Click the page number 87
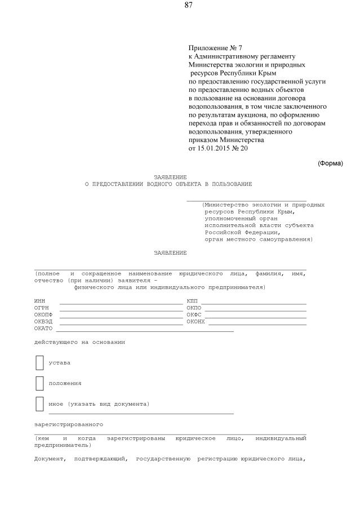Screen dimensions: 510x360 (189, 5)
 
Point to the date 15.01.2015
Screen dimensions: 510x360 (214, 149)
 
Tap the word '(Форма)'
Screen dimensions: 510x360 (330, 163)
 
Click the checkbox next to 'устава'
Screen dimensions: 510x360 (39, 362)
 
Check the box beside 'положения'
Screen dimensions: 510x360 (39, 383)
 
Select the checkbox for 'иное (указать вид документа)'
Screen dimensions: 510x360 (39, 403)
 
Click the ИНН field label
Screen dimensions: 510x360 (39, 301)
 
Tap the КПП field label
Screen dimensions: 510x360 (192, 301)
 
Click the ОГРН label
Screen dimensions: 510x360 (41, 308)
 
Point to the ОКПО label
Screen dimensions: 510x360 (194, 308)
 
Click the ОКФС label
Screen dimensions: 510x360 (194, 315)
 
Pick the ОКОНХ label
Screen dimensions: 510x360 (195, 322)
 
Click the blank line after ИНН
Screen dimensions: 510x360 (121, 303)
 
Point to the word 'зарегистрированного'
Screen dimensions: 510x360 (68, 424)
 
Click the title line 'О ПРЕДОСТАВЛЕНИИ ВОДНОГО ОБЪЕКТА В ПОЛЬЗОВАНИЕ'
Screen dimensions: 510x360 (168, 184)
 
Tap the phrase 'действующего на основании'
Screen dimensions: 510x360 (79, 342)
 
